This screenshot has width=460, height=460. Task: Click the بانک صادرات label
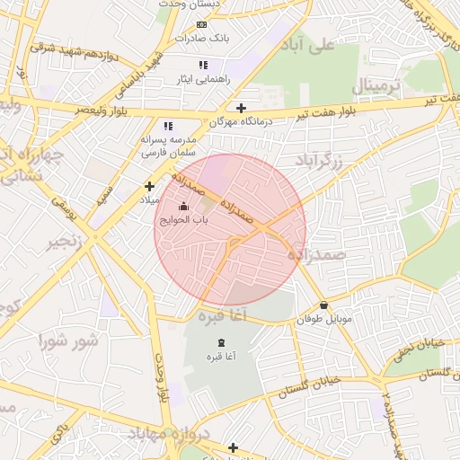(202, 39)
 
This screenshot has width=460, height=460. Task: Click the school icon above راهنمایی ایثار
(203, 65)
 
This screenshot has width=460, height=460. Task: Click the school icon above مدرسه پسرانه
(167, 127)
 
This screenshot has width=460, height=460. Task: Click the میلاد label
(147, 199)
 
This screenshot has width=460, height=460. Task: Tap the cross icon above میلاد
(149, 186)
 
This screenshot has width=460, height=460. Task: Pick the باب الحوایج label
(184, 220)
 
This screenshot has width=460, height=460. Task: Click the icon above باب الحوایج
(184, 207)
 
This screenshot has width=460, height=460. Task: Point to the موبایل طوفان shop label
(323, 319)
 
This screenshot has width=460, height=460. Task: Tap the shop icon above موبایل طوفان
(323, 305)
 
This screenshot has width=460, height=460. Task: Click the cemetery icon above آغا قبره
(221, 342)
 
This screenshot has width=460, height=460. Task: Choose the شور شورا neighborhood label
(66, 341)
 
